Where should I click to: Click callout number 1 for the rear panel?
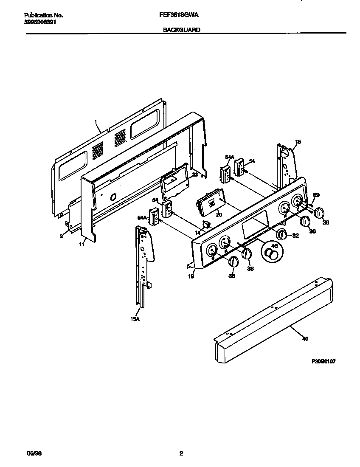(96, 122)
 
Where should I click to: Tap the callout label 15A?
(135, 319)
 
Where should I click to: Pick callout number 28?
(194, 174)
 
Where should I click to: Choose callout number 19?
(191, 276)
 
